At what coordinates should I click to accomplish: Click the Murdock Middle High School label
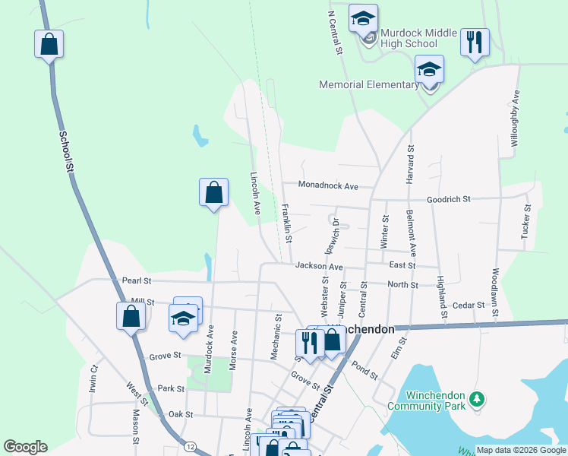[x=418, y=38]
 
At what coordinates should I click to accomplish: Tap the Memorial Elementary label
[x=370, y=84]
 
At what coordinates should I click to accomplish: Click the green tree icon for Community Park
[x=476, y=399]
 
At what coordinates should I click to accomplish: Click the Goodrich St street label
[x=449, y=198]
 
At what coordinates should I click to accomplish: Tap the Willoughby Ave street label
[x=515, y=118]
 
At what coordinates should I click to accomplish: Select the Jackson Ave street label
[x=320, y=267]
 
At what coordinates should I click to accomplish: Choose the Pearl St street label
[x=137, y=280]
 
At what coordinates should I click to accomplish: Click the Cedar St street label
[x=468, y=305]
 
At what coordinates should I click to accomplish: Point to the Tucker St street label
[x=525, y=223]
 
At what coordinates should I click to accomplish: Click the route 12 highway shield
[x=188, y=445]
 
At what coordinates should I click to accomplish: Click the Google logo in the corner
[x=25, y=447]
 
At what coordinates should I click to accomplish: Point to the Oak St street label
[x=181, y=414]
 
